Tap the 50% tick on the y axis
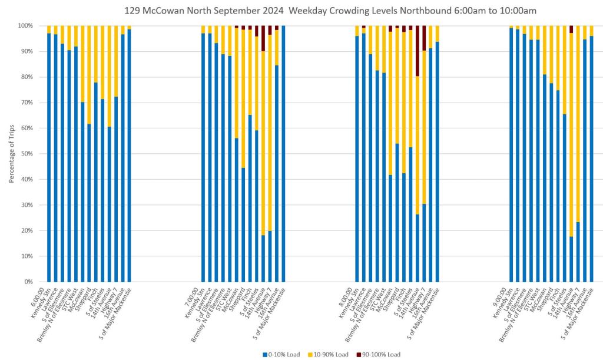(x=28, y=154)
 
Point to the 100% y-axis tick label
(x=26, y=26)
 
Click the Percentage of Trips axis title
(x=11, y=153)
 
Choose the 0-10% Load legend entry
(x=282, y=354)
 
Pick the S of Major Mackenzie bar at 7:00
(x=283, y=154)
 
